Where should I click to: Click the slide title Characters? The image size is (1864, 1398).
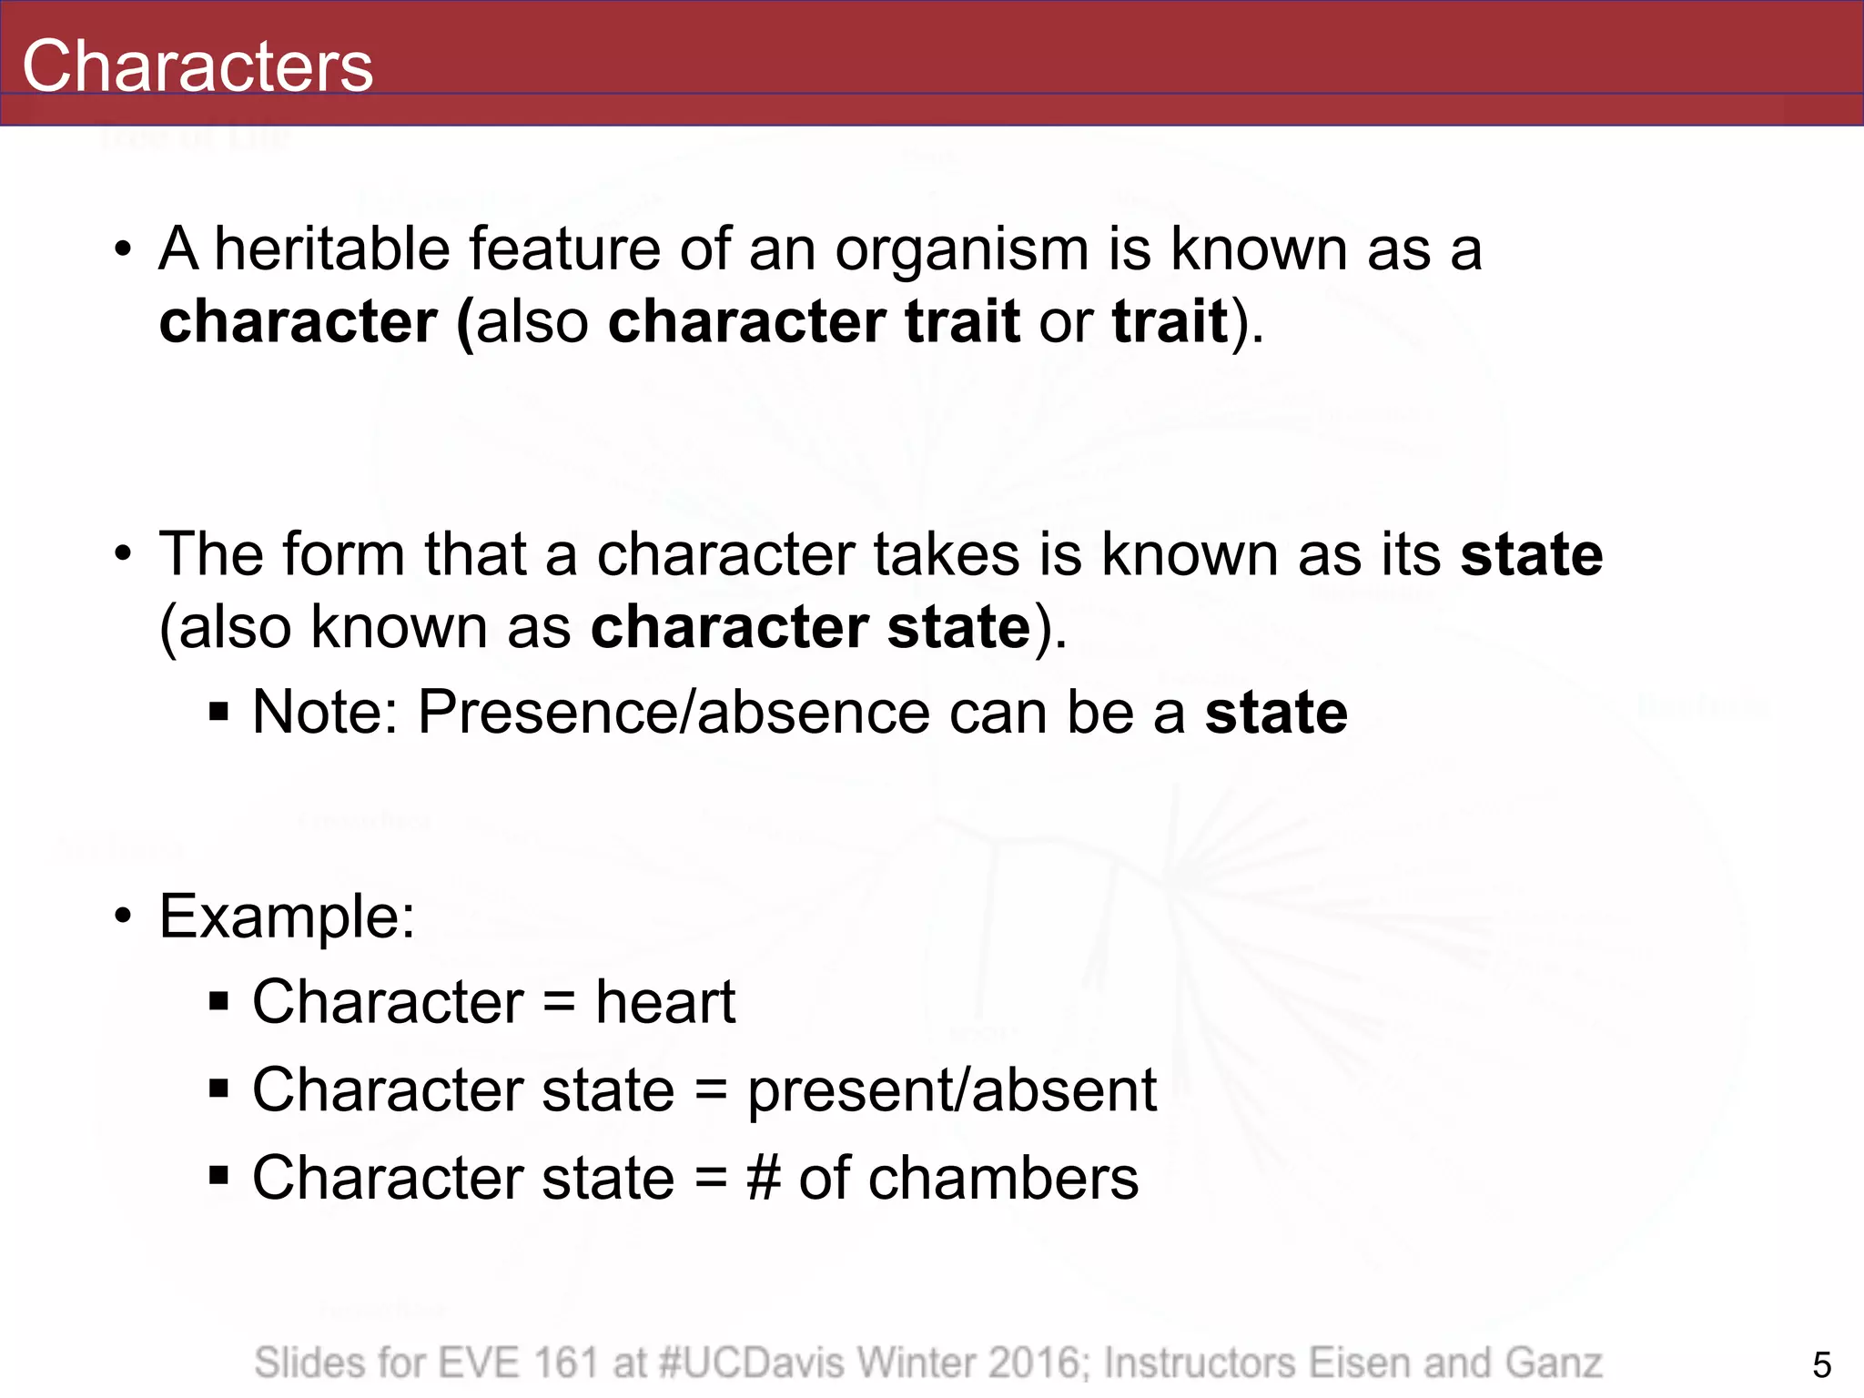tap(198, 66)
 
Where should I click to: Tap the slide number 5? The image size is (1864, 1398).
tap(1821, 1365)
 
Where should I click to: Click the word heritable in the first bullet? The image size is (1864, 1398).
tap(331, 248)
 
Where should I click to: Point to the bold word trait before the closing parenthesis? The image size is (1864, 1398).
tap(1170, 321)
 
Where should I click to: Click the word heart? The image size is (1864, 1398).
tap(664, 1002)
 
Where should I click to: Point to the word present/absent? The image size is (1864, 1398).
tap(951, 1089)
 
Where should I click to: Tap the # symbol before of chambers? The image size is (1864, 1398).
tap(764, 1178)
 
